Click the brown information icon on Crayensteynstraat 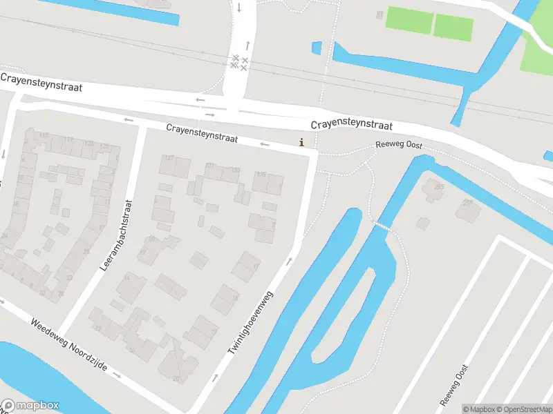(301, 143)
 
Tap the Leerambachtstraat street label (115, 235)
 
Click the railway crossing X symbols (239, 63)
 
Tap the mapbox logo (30, 406)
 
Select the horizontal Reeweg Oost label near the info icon (398, 146)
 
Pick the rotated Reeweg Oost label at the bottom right (454, 385)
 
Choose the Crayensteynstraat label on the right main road (351, 125)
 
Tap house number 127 (169, 158)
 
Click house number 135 (261, 175)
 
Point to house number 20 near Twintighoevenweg (176, 378)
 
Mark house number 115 (45, 135)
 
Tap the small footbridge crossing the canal (382, 226)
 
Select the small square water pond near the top (317, 48)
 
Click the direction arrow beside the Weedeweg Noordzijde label (116, 376)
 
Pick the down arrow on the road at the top (239, 8)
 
